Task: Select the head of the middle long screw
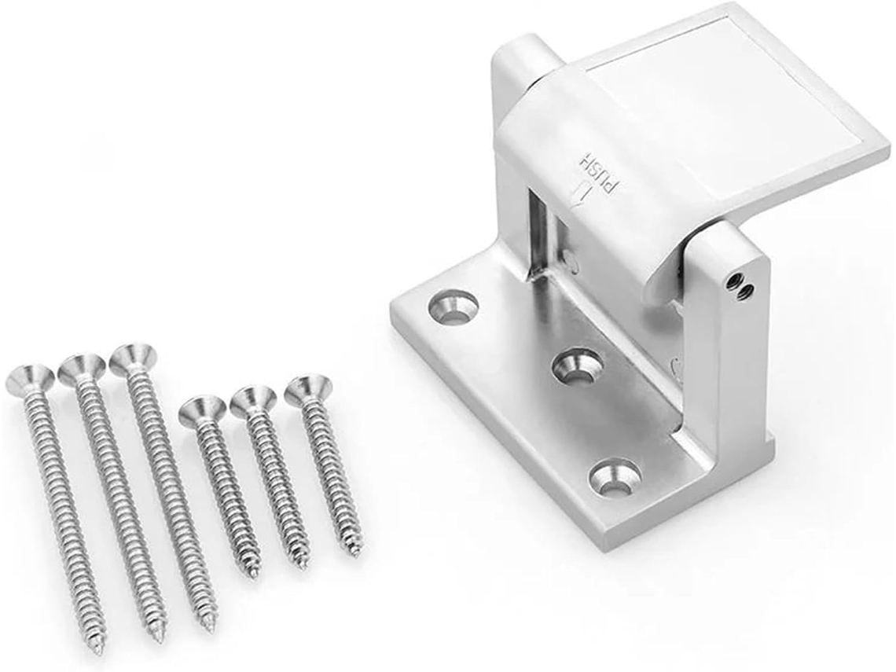(x=81, y=368)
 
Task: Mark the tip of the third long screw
(x=211, y=627)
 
